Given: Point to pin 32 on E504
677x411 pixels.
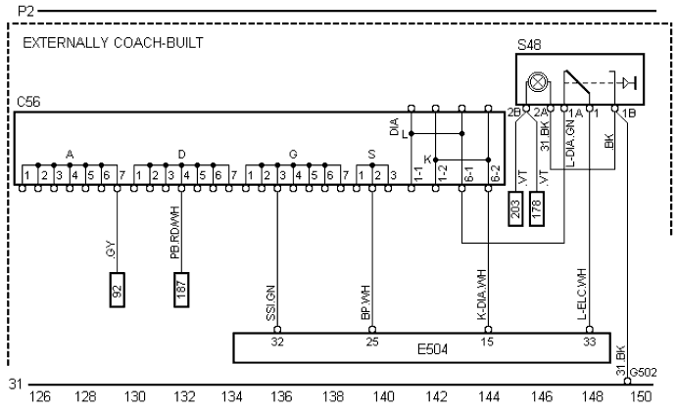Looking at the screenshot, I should tap(278, 341).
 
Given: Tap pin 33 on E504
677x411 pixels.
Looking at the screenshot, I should tap(588, 341).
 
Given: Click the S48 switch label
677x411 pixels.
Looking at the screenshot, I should tap(529, 45).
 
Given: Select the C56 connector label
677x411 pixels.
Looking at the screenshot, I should tap(26, 102).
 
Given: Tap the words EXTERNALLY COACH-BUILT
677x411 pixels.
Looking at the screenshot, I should tap(99, 45).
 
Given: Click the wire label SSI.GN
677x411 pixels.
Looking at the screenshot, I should tap(269, 305).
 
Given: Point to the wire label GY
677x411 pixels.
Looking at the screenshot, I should tap(110, 251).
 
